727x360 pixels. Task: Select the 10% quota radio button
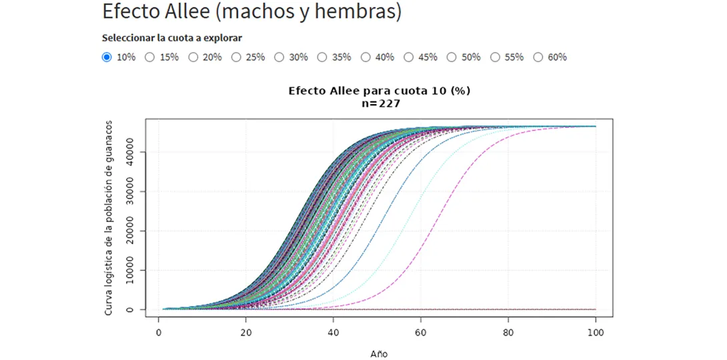tap(107, 57)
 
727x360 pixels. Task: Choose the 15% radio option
tap(150, 57)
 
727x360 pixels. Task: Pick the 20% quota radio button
tap(193, 57)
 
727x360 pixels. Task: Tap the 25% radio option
tap(236, 57)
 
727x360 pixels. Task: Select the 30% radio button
tap(279, 57)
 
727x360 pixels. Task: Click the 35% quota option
tap(322, 57)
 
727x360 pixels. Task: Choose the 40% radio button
tap(366, 57)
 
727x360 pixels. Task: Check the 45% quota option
tap(409, 57)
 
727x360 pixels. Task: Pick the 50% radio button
tap(452, 57)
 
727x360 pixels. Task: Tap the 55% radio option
tap(495, 57)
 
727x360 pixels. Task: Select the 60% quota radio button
tap(538, 57)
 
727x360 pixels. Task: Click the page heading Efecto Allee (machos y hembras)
tap(252, 11)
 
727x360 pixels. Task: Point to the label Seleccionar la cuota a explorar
tap(171, 38)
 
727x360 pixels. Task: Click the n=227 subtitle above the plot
tap(379, 103)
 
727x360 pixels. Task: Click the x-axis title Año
tap(379, 353)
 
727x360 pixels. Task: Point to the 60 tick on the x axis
tap(421, 332)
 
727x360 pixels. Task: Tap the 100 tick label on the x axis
tap(596, 332)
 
